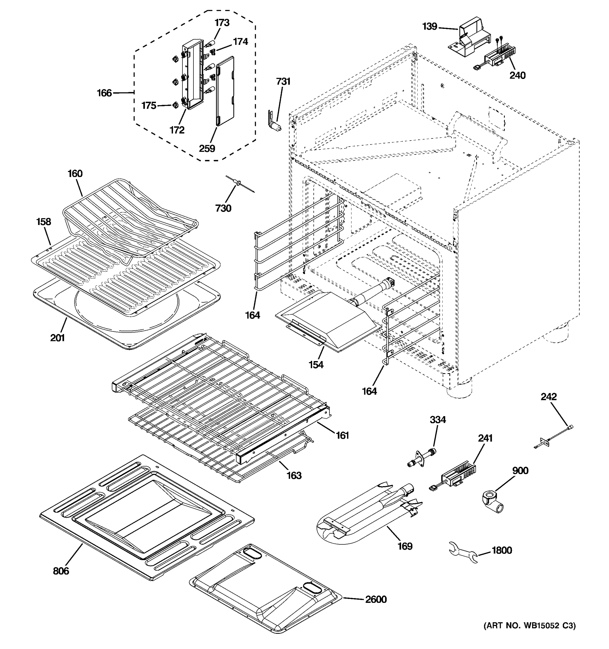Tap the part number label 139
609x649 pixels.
tap(430, 27)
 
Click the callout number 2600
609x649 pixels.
tap(376, 599)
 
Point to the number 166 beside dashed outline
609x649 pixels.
tap(104, 93)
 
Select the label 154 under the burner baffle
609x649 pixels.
tap(316, 365)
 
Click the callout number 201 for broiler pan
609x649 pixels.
tap(57, 337)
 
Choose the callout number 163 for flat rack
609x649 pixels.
tap(294, 475)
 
